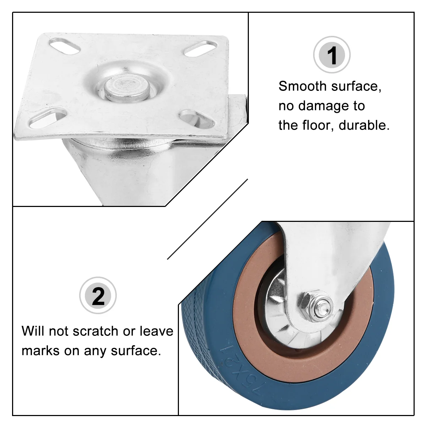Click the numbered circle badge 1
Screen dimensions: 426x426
pyautogui.click(x=332, y=55)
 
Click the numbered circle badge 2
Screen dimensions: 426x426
pyautogui.click(x=98, y=295)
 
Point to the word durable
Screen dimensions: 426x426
pyautogui.click(x=364, y=125)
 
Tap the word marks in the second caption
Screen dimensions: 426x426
pyautogui.click(x=41, y=351)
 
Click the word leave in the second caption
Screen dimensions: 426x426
pyautogui.click(x=157, y=331)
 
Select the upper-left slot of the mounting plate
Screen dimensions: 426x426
pyautogui.click(x=64, y=46)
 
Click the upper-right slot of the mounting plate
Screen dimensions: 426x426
pyautogui.click(x=200, y=48)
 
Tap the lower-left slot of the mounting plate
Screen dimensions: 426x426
pyautogui.click(x=48, y=118)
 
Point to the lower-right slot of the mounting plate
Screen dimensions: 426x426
pyautogui.click(x=197, y=119)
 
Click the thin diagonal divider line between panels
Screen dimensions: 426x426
pyautogui.click(x=207, y=219)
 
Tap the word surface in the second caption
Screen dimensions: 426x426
pyautogui.click(x=136, y=351)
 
